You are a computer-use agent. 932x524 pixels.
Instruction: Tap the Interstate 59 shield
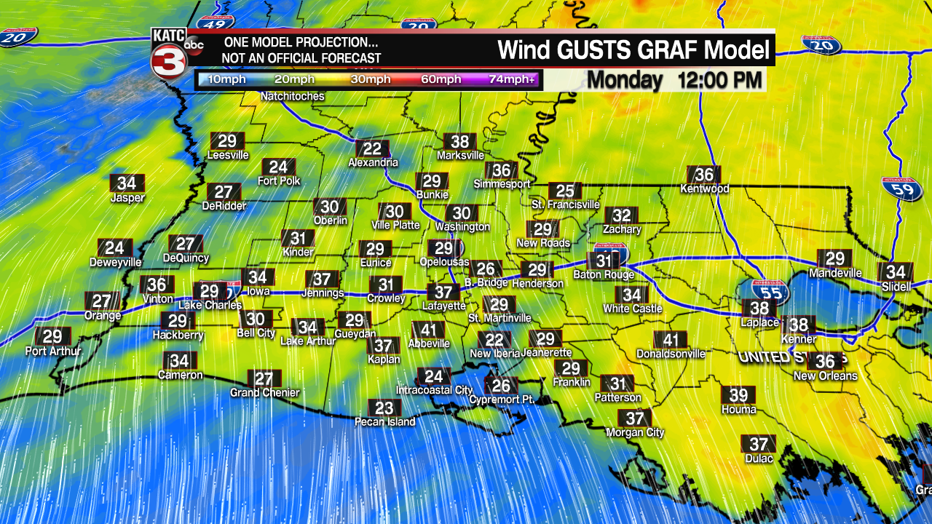point(902,189)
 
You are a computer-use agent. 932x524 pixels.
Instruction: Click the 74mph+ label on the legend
point(511,79)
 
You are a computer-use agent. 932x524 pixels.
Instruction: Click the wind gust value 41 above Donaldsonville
point(671,340)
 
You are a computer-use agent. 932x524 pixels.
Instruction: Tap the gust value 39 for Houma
point(738,395)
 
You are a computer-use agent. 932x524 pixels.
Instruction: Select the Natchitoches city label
point(292,96)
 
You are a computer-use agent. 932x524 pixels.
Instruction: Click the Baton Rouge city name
point(604,275)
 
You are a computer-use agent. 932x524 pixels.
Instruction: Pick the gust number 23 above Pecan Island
point(384,408)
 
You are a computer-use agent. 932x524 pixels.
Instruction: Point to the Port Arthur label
point(53,351)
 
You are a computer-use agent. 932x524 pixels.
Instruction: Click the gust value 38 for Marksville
point(459,142)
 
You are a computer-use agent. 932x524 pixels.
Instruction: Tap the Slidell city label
point(896,287)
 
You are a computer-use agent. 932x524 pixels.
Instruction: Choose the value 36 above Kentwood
point(704,175)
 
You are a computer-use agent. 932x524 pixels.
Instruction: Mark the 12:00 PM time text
point(720,80)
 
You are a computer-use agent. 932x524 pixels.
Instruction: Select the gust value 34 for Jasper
point(127,183)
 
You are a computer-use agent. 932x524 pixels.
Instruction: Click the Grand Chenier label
point(264,393)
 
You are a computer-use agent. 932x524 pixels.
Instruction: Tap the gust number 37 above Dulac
point(759,445)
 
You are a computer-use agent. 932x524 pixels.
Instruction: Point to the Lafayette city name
point(443,306)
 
